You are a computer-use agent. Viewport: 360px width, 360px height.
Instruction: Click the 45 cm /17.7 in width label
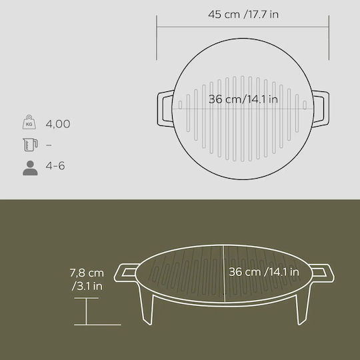click(x=243, y=15)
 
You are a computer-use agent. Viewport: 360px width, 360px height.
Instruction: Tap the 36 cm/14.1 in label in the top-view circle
click(x=243, y=99)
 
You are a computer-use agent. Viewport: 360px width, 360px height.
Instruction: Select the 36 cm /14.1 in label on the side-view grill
click(x=264, y=272)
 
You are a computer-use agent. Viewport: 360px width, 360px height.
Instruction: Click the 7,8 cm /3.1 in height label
click(x=87, y=279)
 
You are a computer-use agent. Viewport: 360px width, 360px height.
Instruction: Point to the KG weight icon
click(x=29, y=122)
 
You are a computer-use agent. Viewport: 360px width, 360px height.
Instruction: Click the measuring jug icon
click(x=30, y=145)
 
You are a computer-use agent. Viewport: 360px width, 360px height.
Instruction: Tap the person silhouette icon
click(x=30, y=168)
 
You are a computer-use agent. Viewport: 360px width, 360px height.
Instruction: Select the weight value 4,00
click(x=58, y=124)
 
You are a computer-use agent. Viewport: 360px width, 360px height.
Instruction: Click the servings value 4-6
click(x=55, y=165)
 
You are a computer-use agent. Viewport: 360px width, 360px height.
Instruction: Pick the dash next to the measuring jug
click(x=49, y=145)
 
